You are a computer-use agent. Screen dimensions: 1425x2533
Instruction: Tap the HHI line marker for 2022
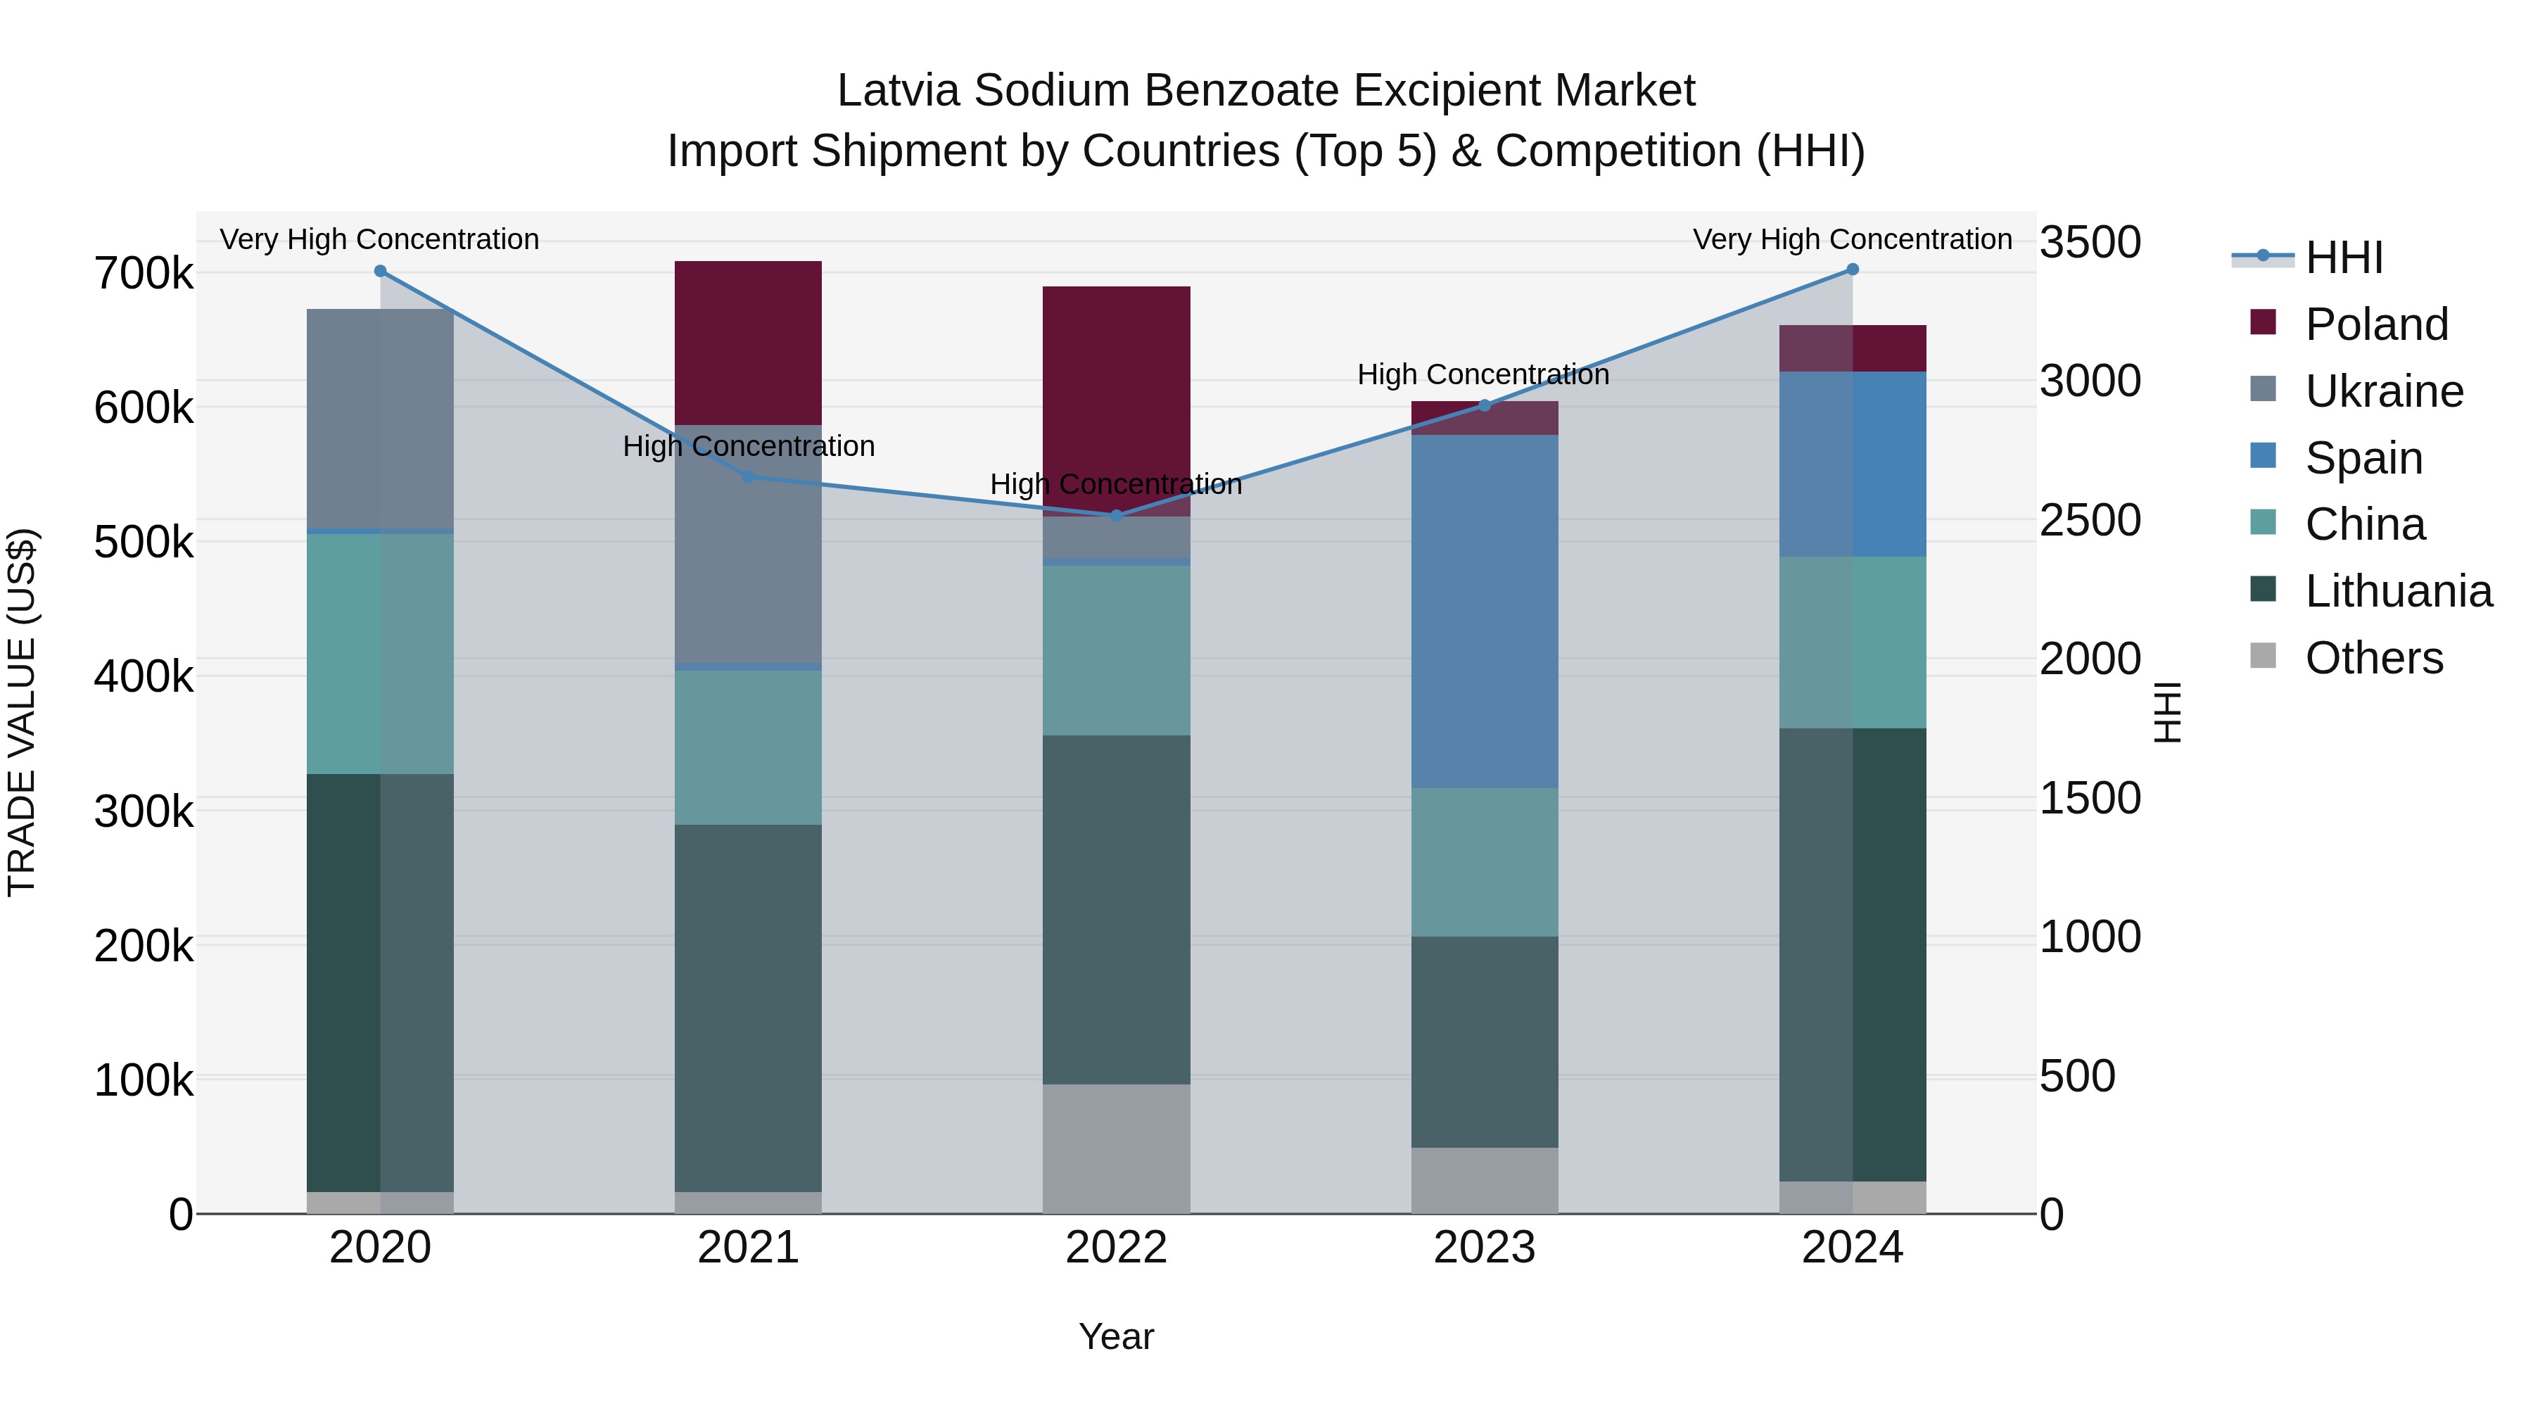coord(1116,515)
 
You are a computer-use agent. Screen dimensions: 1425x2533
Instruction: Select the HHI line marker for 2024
coord(1853,270)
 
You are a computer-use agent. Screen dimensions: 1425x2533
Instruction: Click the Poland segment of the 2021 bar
coord(749,342)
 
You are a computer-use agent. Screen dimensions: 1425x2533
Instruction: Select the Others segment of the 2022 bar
coord(1116,1148)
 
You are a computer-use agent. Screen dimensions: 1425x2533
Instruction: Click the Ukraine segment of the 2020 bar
coord(381,419)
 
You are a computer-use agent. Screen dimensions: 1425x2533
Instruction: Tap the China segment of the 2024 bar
coord(1853,642)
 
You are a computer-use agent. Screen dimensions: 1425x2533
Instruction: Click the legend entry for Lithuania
coord(2397,592)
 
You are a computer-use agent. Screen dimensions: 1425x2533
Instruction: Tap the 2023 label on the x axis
coord(1485,1248)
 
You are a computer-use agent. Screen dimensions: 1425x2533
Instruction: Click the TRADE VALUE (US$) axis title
coord(22,712)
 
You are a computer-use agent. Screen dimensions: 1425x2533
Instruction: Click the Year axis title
coord(1116,1336)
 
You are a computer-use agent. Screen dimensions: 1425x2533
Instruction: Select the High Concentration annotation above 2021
coord(749,446)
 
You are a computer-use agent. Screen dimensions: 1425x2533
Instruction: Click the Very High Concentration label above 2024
coord(1853,239)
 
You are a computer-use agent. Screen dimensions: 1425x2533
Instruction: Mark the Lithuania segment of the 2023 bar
coord(1485,1041)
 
